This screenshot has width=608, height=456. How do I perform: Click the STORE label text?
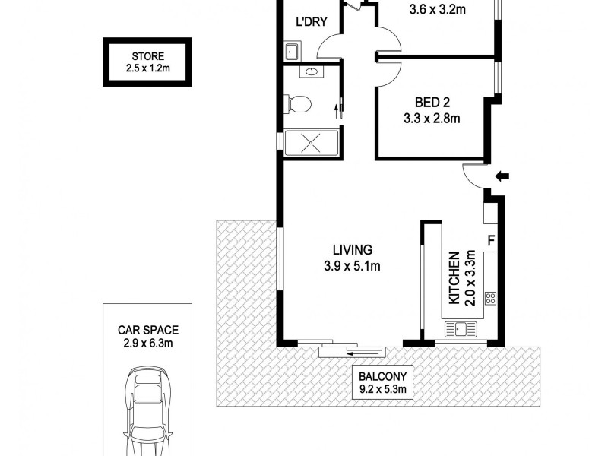147,55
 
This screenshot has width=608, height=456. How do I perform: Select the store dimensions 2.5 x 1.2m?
147,68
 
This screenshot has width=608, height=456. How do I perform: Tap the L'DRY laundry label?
311,21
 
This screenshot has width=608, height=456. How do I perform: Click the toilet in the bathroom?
297,103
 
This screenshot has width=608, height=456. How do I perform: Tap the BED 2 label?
432,103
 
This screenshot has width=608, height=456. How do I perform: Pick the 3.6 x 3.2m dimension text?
437,10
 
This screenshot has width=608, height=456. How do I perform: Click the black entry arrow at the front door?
502,177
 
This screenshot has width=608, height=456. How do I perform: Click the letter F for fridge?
491,242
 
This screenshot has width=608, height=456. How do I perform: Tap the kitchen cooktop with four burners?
491,298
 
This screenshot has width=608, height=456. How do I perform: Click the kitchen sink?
461,329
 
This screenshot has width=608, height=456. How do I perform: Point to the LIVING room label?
351,249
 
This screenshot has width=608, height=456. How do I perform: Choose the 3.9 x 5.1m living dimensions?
351,266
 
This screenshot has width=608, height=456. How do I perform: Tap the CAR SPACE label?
147,330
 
